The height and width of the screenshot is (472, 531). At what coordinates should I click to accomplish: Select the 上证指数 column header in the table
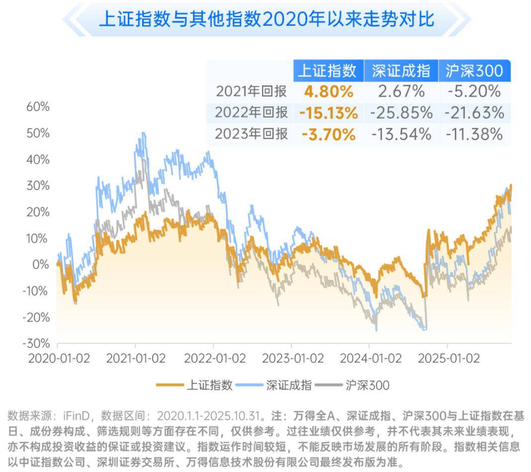[327, 71]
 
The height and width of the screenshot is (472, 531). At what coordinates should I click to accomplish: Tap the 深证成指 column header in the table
[401, 71]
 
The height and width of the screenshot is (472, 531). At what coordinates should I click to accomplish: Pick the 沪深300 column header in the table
[474, 71]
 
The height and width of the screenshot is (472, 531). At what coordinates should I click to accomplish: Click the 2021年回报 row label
[252, 91]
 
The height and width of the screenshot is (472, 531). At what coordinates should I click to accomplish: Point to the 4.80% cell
[329, 92]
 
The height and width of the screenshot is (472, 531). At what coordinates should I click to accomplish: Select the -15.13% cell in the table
[329, 113]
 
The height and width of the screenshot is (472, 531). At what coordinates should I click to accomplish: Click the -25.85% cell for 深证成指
[401, 113]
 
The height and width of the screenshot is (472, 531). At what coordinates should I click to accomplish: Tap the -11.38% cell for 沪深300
[474, 134]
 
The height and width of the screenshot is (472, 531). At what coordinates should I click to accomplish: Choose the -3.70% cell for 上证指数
[329, 134]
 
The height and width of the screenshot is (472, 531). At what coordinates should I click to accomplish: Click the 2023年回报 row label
[252, 134]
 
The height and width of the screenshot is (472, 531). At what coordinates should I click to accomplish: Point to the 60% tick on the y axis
[38, 107]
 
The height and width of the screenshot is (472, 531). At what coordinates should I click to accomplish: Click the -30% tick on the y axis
[36, 343]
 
